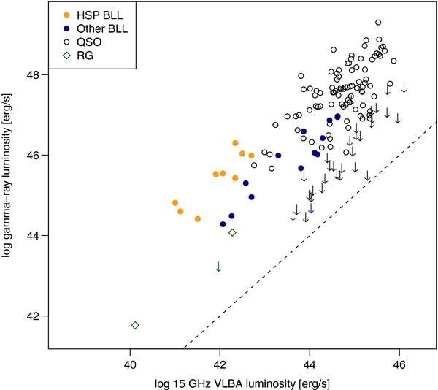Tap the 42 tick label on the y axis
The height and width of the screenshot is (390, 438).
coord(34,316)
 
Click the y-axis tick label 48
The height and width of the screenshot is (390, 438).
coord(34,74)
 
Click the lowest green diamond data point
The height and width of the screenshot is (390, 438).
coord(135,325)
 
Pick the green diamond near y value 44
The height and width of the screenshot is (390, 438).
coord(232,232)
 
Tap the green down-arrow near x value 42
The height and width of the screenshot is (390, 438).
coord(218,267)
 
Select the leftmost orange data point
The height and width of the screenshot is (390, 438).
coord(175,202)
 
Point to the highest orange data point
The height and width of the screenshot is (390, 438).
coord(235,143)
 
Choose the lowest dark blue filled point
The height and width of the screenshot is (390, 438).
coord(223,224)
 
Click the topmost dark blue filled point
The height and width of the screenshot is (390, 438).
coord(337,116)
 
